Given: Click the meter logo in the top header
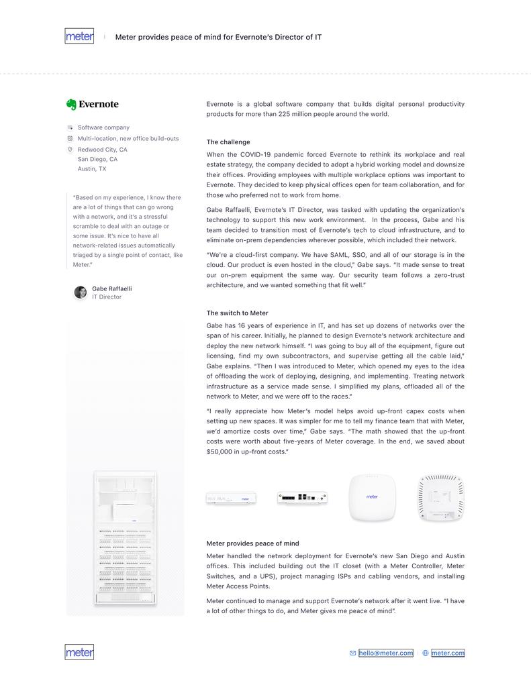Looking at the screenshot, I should pyautogui.click(x=79, y=36).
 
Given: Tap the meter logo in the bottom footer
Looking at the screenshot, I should pyautogui.click(x=79, y=652).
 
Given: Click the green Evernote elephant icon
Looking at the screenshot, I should pyautogui.click(x=71, y=104).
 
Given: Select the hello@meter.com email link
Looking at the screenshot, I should pyautogui.click(x=386, y=653).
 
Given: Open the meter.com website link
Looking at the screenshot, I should pyautogui.click(x=448, y=653).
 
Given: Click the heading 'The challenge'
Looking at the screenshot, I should pyautogui.click(x=228, y=142).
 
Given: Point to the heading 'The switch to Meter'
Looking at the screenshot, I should pyautogui.click(x=237, y=313).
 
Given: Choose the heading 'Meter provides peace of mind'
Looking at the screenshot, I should pyautogui.click(x=252, y=543).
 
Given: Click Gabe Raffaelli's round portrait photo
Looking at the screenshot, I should pyautogui.click(x=81, y=293).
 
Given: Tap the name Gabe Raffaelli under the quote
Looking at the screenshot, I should pyautogui.click(x=112, y=288).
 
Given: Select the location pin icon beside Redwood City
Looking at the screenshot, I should pyautogui.click(x=70, y=150).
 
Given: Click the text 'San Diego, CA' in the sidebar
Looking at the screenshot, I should pyautogui.click(x=97, y=160).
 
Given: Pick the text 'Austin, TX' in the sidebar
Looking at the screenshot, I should pyautogui.click(x=92, y=169).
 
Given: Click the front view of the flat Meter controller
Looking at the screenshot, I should pyautogui.click(x=231, y=498).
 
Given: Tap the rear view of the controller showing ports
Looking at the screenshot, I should pyautogui.click(x=302, y=497).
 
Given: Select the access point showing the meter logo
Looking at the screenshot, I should pyautogui.click(x=372, y=497).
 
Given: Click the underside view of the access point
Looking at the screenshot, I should pyautogui.click(x=441, y=498).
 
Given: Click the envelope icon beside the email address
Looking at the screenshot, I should pyautogui.click(x=352, y=653).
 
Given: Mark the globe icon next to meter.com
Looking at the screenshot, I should pyautogui.click(x=426, y=653).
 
